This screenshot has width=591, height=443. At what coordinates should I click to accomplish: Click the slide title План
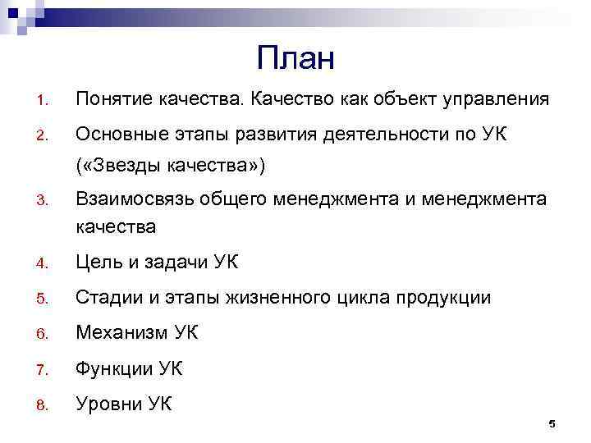[x=295, y=58]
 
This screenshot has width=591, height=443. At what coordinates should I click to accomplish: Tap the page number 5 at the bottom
[x=552, y=423]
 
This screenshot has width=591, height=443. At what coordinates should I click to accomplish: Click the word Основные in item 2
[x=117, y=134]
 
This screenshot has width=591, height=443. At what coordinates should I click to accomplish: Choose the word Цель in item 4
[x=98, y=263]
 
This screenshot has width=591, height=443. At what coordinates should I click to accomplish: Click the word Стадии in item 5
[x=108, y=298]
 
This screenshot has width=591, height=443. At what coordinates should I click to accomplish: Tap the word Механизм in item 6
[x=121, y=333]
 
